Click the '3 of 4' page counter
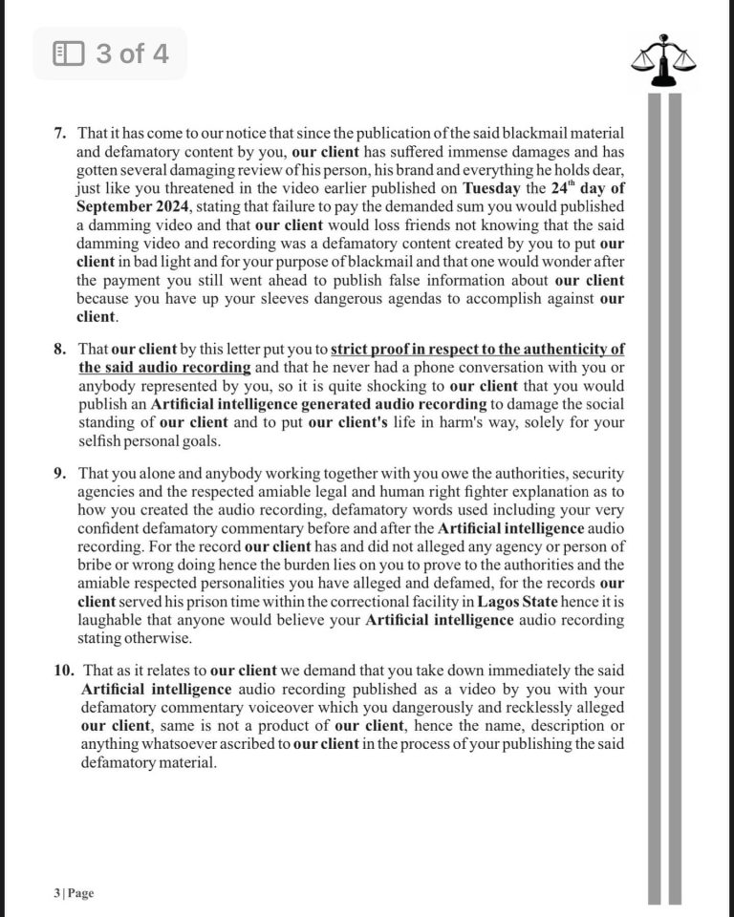tap(132, 53)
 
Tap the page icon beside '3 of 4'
tap(69, 53)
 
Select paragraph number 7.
tap(58, 131)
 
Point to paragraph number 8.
tap(58, 350)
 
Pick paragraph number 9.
tap(58, 474)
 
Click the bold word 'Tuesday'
tap(496, 188)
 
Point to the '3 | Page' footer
tap(74, 893)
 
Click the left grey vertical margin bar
tap(655, 497)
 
